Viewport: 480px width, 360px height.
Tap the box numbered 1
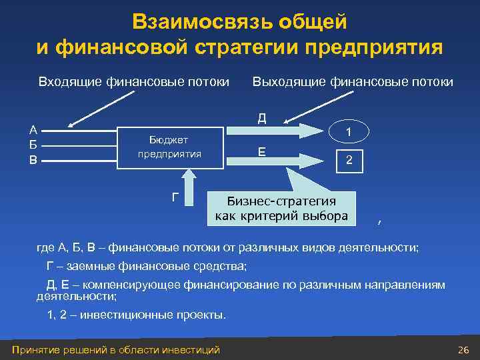click(348, 133)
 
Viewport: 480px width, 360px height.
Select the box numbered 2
click(348, 160)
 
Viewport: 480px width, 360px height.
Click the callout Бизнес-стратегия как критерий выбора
click(282, 209)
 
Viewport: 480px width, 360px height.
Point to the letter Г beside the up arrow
click(175, 196)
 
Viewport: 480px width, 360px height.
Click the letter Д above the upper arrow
click(262, 118)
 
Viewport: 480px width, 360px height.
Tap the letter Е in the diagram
click(262, 152)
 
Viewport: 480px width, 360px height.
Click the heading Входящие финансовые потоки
click(133, 82)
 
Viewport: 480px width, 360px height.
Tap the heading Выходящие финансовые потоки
click(353, 82)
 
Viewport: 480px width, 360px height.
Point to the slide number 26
click(464, 350)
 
